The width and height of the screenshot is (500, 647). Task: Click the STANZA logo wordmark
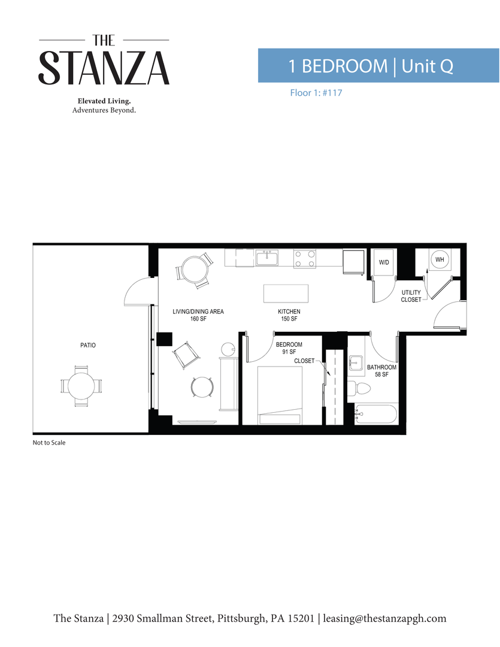(x=104, y=67)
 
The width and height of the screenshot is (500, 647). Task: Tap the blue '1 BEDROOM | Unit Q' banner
(x=378, y=65)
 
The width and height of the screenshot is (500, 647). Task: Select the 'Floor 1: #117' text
(x=316, y=93)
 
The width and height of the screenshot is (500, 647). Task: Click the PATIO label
(x=88, y=345)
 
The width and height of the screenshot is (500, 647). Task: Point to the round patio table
(x=81, y=385)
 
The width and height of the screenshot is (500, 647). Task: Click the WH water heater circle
(x=440, y=259)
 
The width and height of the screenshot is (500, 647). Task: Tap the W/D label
(x=384, y=262)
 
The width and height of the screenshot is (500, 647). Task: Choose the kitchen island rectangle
(x=286, y=294)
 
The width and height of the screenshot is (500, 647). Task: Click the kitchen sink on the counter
(x=267, y=258)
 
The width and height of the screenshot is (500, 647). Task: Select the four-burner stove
(x=304, y=258)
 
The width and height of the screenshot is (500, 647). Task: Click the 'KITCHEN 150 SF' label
(x=289, y=315)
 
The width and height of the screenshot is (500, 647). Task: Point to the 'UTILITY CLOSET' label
(x=411, y=296)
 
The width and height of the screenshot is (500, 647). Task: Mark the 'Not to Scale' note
(x=49, y=443)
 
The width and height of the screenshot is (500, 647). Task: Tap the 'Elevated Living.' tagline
(x=104, y=101)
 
